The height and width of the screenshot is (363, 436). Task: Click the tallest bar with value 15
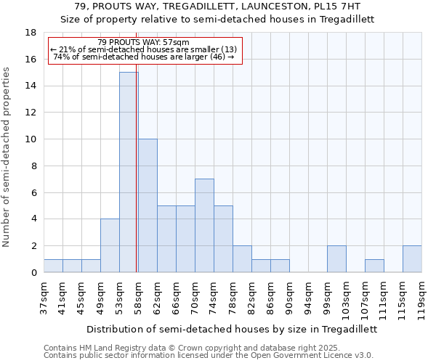tap(129, 172)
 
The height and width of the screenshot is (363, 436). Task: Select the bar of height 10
tap(148, 205)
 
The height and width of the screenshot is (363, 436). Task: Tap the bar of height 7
tap(204, 225)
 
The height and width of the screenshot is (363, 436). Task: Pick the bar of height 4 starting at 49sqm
tap(110, 245)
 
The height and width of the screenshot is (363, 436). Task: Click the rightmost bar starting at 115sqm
tap(412, 259)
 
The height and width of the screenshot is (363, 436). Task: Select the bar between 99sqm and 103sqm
tap(336, 259)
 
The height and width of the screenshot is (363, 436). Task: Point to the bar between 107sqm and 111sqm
tap(374, 266)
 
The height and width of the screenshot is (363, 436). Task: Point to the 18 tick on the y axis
tap(31, 33)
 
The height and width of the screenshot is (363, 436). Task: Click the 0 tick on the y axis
tap(34, 273)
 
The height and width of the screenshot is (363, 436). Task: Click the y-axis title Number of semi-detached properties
tap(7, 157)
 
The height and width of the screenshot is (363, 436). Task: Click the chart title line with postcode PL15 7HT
tap(217, 7)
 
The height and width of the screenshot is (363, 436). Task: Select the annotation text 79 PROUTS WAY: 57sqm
tap(143, 42)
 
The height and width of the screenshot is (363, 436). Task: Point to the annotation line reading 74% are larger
tap(144, 57)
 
